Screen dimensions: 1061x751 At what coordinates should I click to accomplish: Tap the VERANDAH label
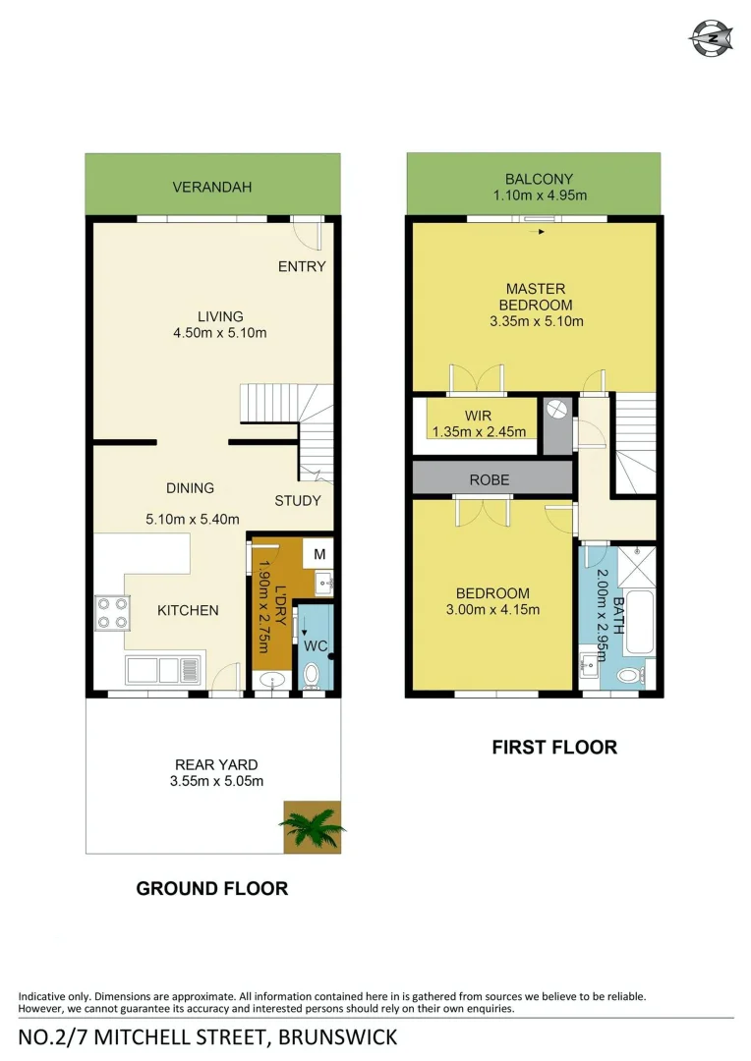click(x=212, y=187)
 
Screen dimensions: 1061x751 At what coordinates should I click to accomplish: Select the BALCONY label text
click(x=539, y=179)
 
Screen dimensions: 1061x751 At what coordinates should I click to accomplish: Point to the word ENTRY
click(x=302, y=266)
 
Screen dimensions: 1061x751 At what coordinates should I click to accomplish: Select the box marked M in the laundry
click(x=319, y=554)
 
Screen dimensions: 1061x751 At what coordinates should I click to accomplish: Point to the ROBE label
click(x=491, y=481)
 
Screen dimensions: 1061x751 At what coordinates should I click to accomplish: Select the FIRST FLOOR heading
click(x=554, y=748)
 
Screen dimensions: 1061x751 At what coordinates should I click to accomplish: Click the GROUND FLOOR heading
click(x=212, y=888)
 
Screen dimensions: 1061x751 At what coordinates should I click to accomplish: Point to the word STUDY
click(x=297, y=500)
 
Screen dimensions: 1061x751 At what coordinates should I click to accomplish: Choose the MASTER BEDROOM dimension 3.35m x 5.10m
click(x=536, y=321)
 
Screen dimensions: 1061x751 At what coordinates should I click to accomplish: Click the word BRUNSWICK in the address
click(x=338, y=1036)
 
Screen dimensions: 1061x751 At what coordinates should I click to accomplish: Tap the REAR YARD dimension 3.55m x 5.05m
click(x=216, y=781)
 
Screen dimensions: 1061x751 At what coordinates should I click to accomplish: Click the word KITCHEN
click(x=188, y=610)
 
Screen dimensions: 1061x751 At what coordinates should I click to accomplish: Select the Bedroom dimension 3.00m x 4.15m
click(x=492, y=609)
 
